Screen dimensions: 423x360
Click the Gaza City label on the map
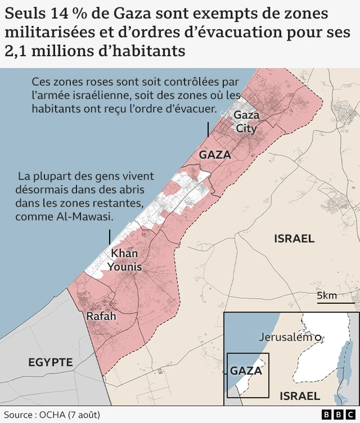(246, 121)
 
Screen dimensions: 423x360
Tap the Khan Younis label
(125, 260)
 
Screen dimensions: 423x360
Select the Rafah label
(101, 316)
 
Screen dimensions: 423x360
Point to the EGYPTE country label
(51, 362)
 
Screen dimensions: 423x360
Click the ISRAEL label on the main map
(294, 238)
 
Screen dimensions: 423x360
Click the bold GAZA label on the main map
(215, 154)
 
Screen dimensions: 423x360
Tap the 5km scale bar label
(327, 296)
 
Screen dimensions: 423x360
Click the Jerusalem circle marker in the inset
(318, 337)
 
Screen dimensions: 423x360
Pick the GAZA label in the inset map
(246, 371)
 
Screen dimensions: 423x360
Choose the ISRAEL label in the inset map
(300, 395)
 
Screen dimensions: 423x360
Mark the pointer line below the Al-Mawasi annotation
(110, 236)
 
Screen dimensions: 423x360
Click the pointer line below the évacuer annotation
(208, 128)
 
